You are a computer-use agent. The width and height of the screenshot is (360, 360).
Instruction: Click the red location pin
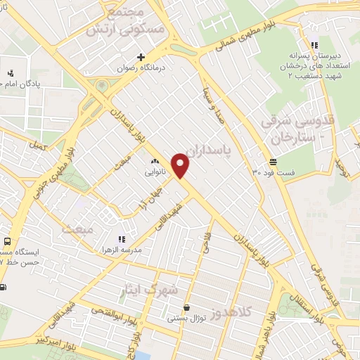tap(181, 165)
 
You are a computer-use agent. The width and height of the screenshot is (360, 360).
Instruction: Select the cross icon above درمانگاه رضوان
tap(141, 57)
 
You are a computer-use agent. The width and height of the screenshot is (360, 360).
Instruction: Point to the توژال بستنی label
tap(186, 318)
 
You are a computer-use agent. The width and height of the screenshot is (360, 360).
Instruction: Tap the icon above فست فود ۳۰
tap(272, 162)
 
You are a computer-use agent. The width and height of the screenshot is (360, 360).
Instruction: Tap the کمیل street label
tap(38, 146)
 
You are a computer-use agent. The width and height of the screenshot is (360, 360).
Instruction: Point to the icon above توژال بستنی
tap(186, 307)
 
